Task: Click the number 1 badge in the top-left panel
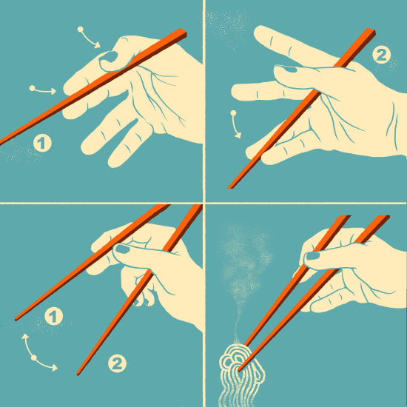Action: (x=42, y=143)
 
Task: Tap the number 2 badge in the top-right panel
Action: (x=381, y=55)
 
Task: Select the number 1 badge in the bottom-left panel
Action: (x=54, y=316)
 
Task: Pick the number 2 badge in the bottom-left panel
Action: (x=117, y=363)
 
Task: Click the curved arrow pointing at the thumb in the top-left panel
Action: (x=89, y=38)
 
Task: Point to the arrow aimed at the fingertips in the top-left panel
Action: (x=43, y=90)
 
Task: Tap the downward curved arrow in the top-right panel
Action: (x=235, y=124)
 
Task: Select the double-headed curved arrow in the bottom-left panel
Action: (x=35, y=356)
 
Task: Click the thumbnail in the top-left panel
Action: (x=110, y=57)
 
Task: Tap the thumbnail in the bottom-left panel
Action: (x=122, y=249)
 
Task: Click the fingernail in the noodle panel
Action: (x=312, y=256)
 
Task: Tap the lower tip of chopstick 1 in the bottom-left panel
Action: (x=16, y=319)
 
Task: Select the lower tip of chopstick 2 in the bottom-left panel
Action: (x=78, y=374)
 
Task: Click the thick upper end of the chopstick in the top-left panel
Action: (x=183, y=33)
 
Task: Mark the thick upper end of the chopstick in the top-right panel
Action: (x=371, y=32)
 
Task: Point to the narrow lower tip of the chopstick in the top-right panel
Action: (x=229, y=187)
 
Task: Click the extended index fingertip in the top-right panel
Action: (x=258, y=32)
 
